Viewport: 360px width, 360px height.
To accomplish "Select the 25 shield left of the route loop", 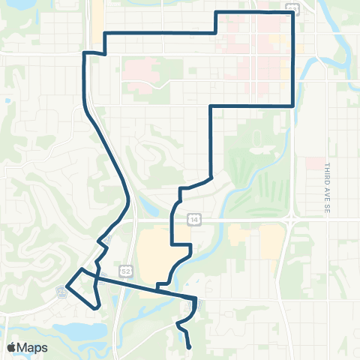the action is click(62, 289).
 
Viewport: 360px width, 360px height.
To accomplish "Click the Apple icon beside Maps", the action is click(11, 346).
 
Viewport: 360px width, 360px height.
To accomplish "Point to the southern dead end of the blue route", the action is click(188, 347).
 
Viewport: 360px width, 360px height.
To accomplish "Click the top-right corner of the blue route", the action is click(292, 13).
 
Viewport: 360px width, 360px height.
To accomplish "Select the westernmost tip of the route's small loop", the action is click(67, 285).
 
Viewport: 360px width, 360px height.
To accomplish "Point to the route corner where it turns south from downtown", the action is click(292, 105).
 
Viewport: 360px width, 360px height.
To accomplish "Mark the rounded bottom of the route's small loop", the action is click(96, 307).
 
